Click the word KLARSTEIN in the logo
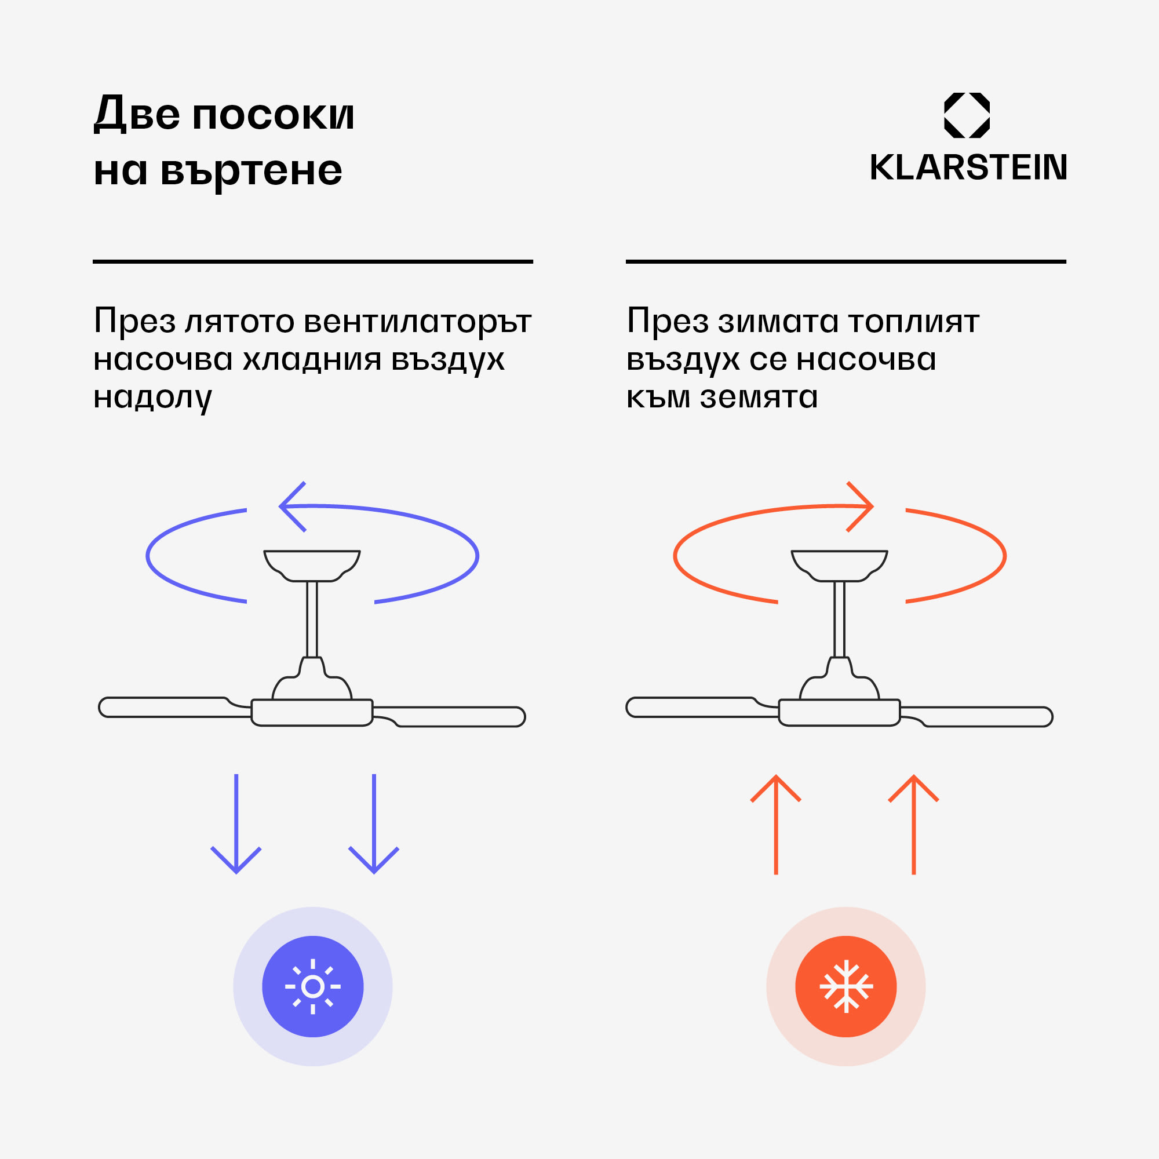[x=968, y=167]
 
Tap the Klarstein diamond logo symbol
[x=967, y=115]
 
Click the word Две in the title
[x=137, y=114]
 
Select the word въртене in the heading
[x=252, y=171]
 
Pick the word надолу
[x=152, y=398]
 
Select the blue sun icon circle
[x=312, y=986]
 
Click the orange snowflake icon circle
[x=846, y=986]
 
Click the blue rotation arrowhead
[x=292, y=507]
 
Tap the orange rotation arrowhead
[x=860, y=507]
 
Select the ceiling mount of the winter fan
[x=839, y=564]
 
